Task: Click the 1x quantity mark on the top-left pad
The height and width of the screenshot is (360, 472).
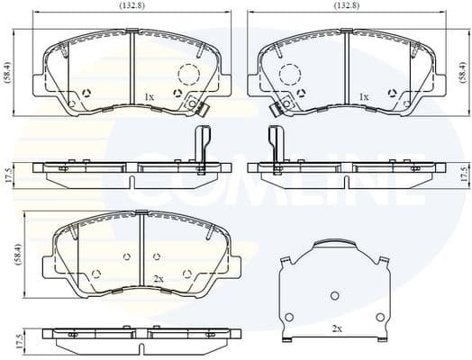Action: pos(150,96)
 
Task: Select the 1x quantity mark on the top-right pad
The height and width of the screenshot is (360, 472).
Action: pos(363,96)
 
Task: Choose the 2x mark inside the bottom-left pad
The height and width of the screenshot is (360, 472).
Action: pos(159,280)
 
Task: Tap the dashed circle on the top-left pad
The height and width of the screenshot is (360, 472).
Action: pos(187,76)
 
